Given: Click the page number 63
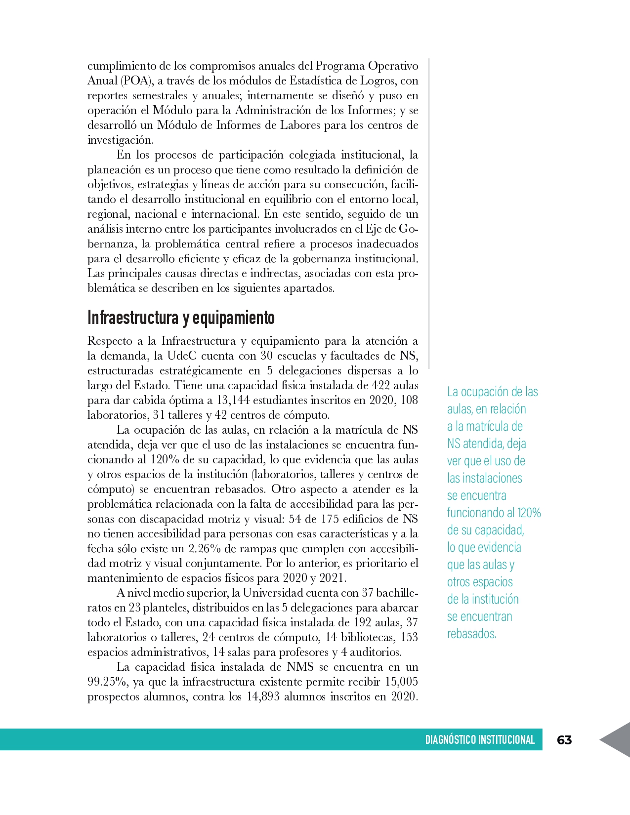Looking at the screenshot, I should [x=564, y=739].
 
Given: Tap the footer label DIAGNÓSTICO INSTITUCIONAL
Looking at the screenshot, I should [x=480, y=739].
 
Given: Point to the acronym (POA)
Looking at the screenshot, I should [x=136, y=81].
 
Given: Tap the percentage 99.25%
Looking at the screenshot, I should [x=107, y=682].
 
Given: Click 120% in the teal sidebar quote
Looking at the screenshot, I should [x=529, y=513].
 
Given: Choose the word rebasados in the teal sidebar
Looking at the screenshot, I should [x=471, y=634].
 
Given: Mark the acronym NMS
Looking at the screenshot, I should [x=300, y=667].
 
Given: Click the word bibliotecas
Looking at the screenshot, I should [x=368, y=637].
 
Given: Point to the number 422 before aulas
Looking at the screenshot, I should [x=381, y=385].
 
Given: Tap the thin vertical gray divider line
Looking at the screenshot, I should [x=429, y=212].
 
